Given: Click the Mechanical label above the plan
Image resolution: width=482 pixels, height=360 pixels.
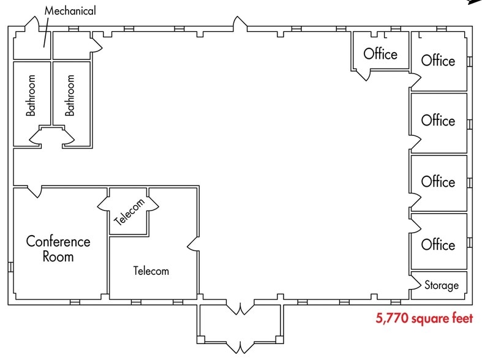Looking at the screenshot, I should pos(70,10).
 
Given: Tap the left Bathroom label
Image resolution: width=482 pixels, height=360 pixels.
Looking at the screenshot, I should pos(31,96).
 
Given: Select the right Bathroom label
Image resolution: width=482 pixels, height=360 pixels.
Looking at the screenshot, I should pos(70,96).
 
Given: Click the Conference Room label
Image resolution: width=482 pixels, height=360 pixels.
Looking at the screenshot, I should pos(58,249).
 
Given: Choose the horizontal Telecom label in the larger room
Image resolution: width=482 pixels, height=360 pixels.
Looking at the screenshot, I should pos(151,271).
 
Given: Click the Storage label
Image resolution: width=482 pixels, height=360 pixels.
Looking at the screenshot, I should pos(441,285).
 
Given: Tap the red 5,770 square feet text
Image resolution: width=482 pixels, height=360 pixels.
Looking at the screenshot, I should pos(424,320).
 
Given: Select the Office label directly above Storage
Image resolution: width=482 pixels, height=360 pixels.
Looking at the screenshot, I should pos(438,245).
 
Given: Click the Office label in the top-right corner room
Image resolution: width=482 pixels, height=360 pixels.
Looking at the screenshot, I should pos(438,61).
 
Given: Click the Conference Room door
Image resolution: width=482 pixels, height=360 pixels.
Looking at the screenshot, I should pos(35,191).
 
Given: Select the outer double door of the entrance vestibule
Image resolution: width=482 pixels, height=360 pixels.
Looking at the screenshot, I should pos(239,347).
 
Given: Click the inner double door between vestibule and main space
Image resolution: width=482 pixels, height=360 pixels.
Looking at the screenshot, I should pos(239,307).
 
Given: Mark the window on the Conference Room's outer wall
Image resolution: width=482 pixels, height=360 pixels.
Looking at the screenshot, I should pos(10,267).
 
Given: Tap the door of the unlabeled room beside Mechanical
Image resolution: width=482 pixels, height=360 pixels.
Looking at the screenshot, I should pos(94,42).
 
